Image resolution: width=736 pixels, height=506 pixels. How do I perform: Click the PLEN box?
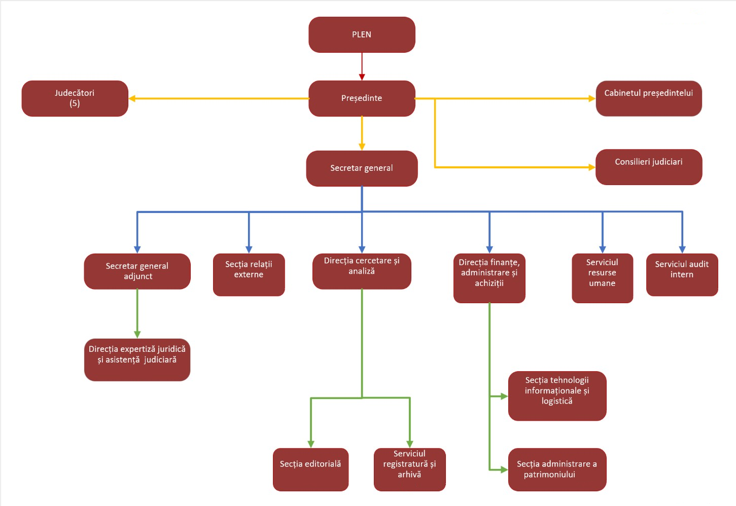362,34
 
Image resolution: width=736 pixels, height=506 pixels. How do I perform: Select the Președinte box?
362,98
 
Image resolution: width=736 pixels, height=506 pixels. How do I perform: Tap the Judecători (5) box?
75,98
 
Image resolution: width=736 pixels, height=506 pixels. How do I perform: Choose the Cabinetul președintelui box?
649,98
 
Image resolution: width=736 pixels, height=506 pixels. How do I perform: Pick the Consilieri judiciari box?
649,167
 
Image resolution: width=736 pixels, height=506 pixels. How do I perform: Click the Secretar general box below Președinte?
362,168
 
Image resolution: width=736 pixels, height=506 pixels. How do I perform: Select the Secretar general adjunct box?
137,271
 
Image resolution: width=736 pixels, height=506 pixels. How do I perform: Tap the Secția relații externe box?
249,274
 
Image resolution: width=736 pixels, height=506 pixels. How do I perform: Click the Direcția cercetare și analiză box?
362,271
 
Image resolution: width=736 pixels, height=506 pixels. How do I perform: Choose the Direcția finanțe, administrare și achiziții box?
489,278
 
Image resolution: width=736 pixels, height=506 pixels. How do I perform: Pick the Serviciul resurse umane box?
602,278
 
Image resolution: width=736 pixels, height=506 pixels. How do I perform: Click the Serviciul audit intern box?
682,274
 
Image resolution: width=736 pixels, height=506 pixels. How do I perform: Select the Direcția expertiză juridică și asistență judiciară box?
137,359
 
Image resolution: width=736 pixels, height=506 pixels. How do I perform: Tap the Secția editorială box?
310,469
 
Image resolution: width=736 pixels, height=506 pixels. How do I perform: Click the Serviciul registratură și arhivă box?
409,469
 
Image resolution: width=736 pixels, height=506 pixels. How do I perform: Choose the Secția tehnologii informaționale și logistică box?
557,395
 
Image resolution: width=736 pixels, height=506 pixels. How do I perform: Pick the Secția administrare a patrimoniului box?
557,469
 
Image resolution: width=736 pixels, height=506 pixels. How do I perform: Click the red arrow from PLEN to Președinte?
362,66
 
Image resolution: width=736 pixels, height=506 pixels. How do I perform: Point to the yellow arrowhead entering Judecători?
132,98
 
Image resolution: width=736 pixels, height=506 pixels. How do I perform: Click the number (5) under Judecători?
75,103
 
